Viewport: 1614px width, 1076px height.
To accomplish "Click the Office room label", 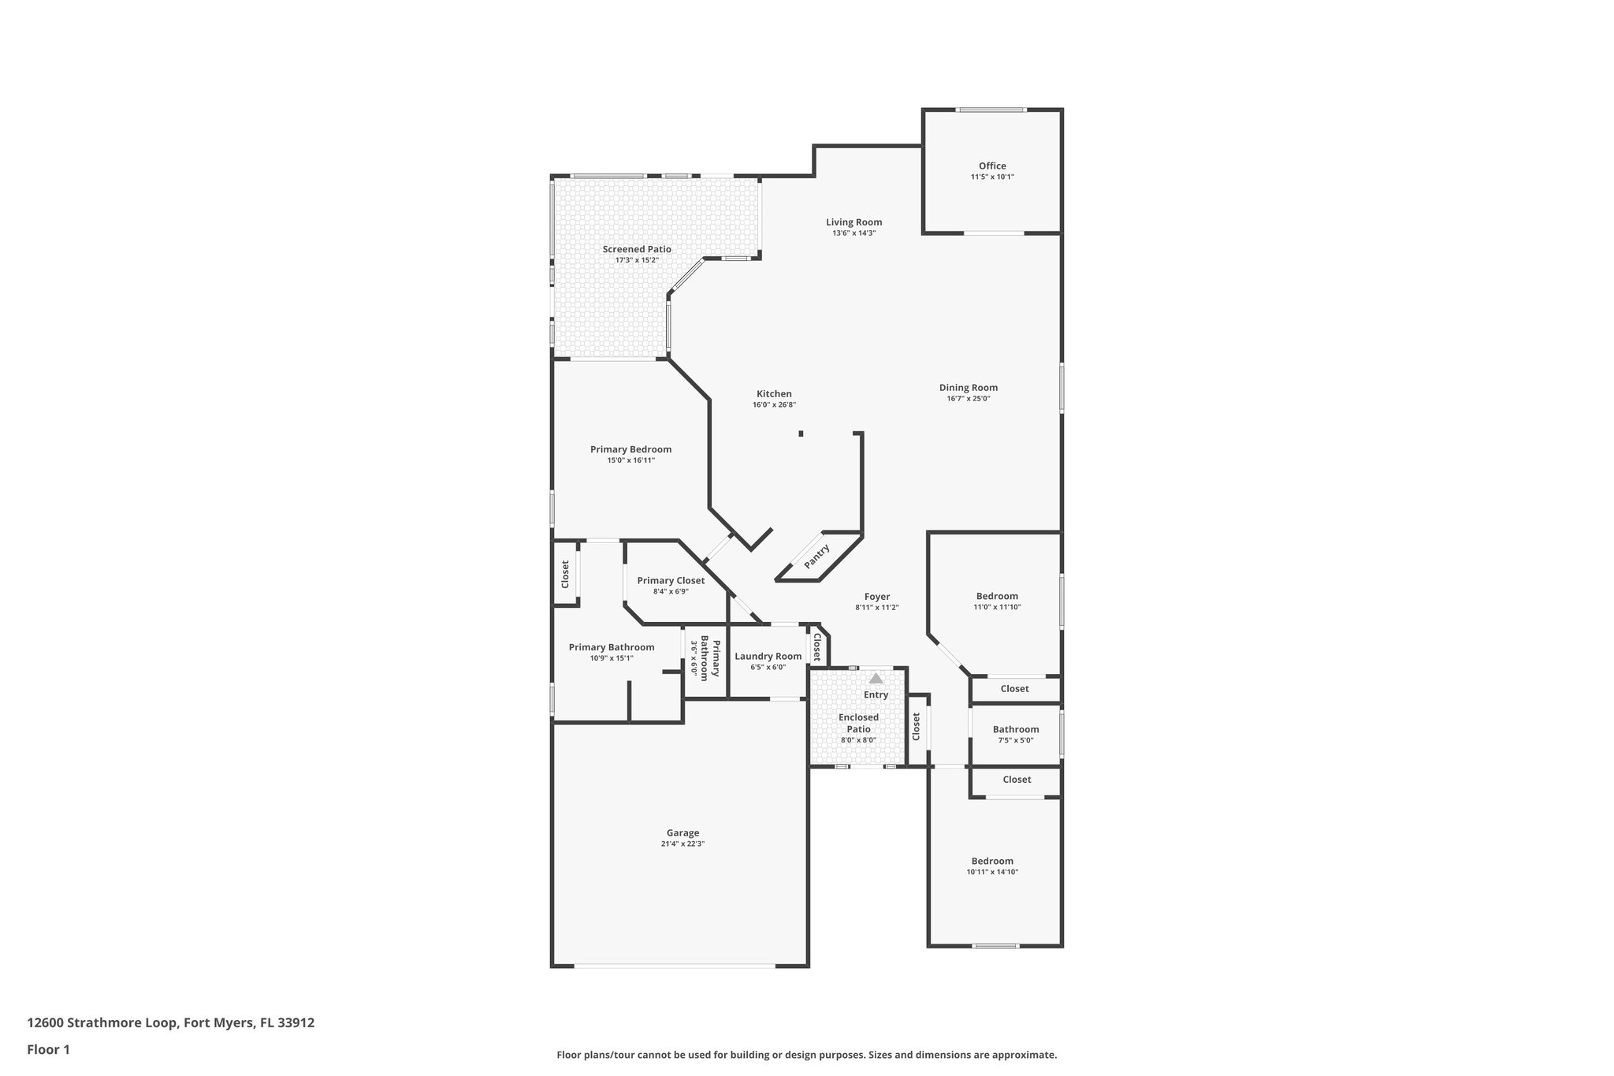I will coord(992,166).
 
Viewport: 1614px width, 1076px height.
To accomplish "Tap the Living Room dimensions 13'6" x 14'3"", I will coord(853,233).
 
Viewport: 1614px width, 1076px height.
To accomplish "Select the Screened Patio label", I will coord(637,249).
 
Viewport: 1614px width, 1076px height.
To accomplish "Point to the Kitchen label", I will coord(774,394).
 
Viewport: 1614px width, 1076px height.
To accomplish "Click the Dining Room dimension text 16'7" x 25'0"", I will coord(968,399).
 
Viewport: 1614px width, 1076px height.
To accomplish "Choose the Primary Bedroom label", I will coord(630,449).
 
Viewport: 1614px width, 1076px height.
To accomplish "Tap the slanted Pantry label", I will coord(816,557).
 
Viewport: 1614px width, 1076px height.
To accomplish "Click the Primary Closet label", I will coord(671,580).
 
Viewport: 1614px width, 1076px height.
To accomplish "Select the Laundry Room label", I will coord(768,656).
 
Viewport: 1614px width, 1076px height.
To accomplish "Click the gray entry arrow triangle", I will coord(876,678).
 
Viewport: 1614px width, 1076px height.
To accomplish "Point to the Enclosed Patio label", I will coord(858,723).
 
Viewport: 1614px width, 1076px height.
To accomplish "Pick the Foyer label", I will coord(876,597).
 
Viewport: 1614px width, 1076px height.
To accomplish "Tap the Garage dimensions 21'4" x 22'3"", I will coord(682,843).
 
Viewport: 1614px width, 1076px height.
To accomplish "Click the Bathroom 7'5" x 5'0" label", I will coord(1015,729).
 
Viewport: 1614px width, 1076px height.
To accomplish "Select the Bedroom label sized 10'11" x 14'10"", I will coord(992,861).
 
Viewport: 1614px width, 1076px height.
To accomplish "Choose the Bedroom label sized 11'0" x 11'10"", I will coord(997,596).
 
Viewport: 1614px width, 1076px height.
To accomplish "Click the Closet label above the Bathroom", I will coord(1014,688).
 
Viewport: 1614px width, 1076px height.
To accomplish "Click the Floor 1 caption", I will coord(48,1049).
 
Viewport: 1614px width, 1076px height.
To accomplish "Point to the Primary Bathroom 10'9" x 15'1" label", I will coord(611,647).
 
